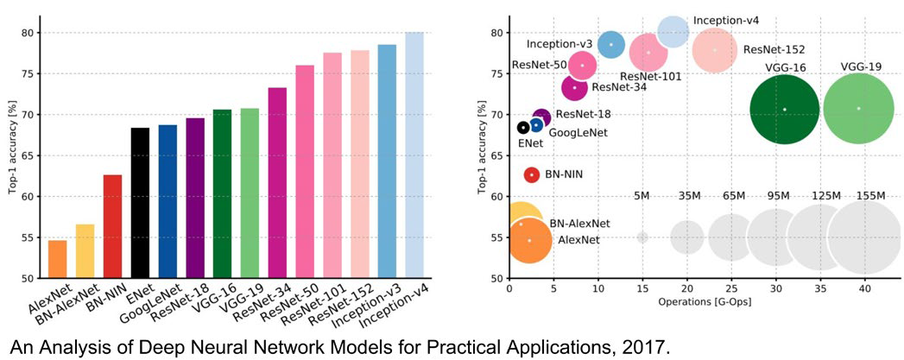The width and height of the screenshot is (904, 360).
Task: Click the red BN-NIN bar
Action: [112, 226]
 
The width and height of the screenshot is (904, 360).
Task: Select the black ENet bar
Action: [140, 203]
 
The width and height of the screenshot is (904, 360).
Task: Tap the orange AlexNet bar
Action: [58, 259]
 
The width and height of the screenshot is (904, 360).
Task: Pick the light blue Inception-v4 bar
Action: [414, 155]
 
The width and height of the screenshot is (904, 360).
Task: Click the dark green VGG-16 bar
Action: [223, 193]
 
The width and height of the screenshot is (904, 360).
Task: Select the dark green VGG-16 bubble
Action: [785, 110]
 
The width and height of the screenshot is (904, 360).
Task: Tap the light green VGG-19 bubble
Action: [858, 108]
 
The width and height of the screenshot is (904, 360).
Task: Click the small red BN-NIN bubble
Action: [532, 174]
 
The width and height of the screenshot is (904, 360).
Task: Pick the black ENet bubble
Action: [523, 127]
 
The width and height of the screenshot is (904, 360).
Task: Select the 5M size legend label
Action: [642, 196]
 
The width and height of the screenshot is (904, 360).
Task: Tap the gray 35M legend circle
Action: [686, 237]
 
